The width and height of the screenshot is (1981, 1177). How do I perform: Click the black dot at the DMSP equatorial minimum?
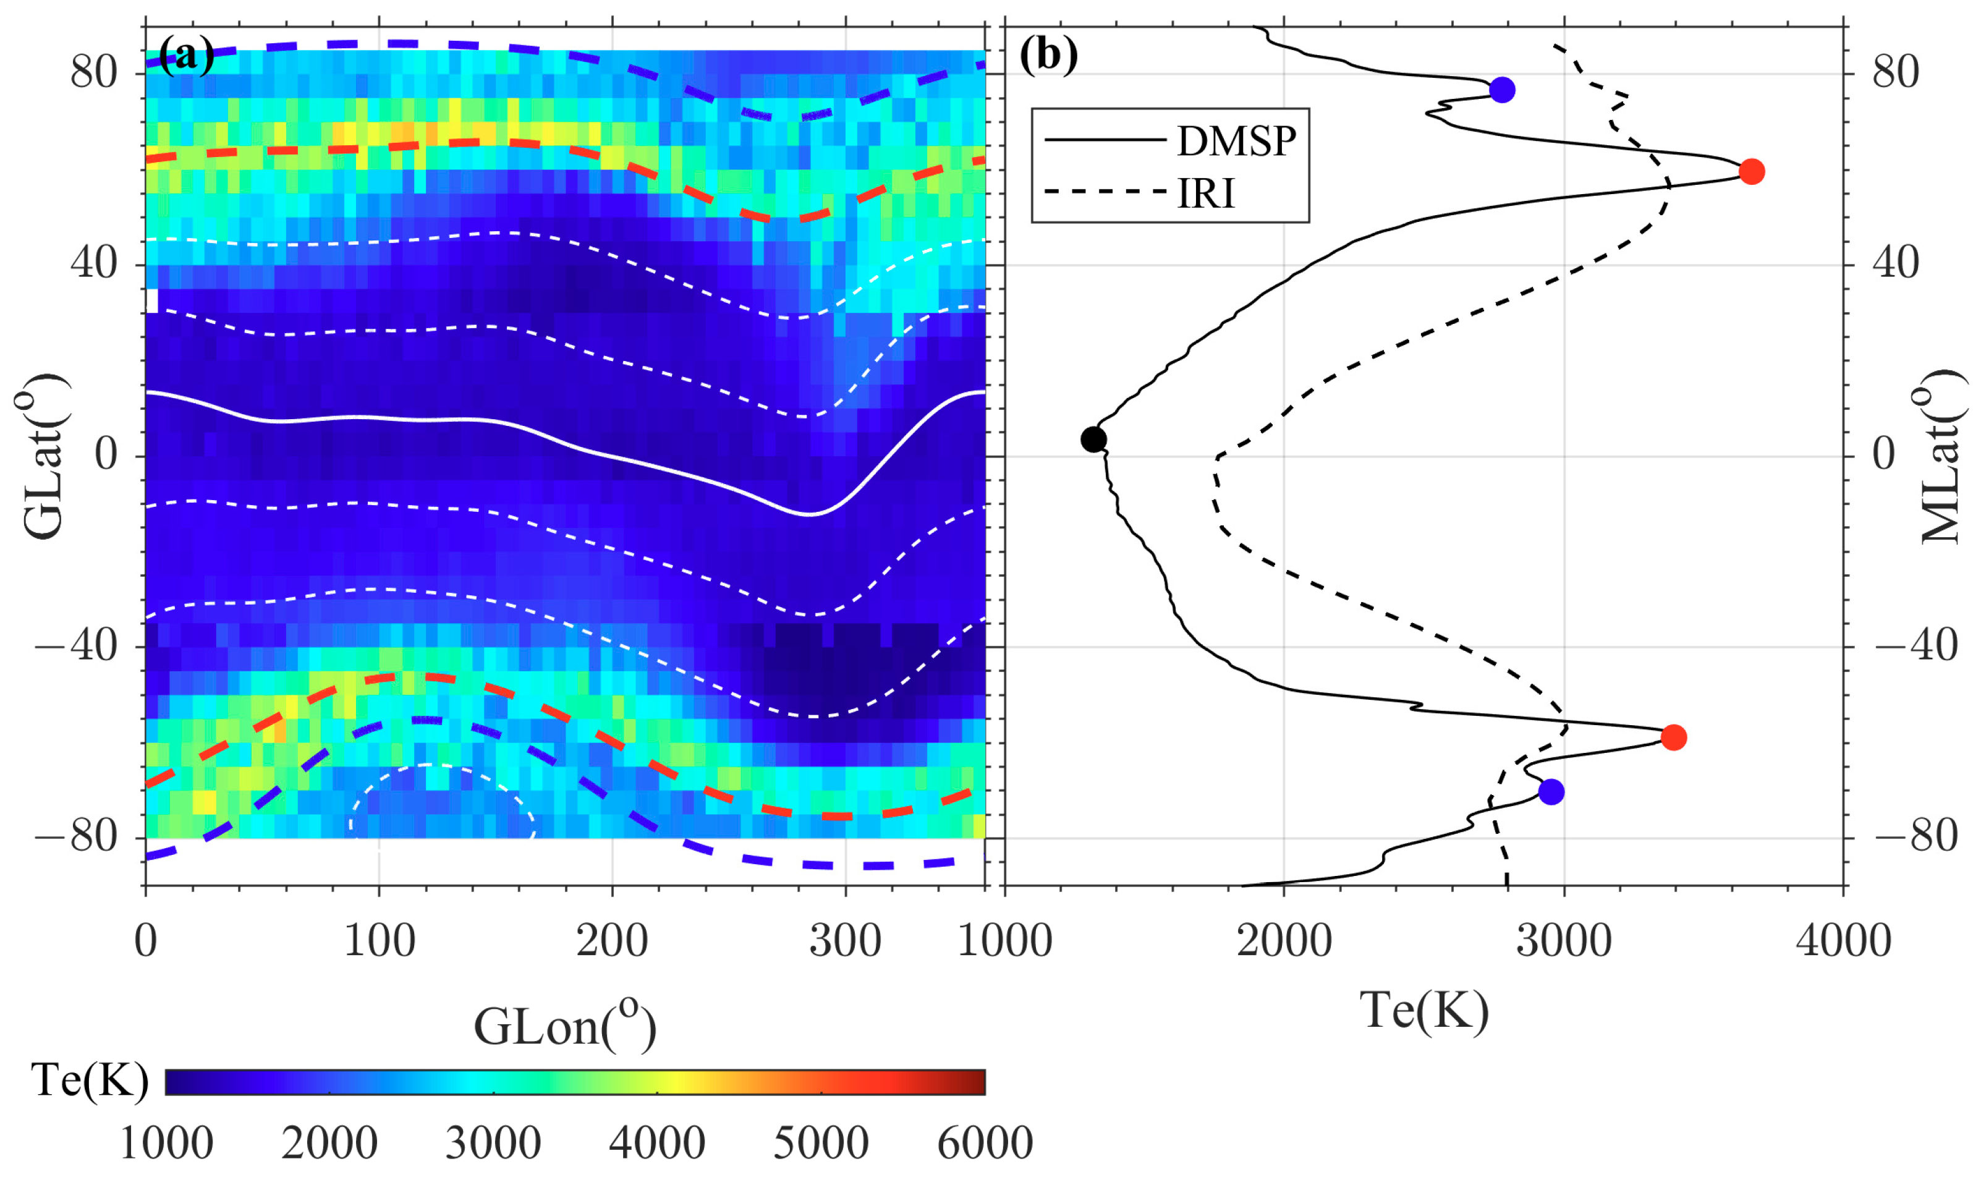click(x=1093, y=439)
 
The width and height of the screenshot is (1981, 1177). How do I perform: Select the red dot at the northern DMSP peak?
click(x=1751, y=171)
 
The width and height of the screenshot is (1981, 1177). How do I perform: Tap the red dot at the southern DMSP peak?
click(x=1673, y=737)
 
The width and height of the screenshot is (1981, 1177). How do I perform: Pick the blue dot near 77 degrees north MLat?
click(x=1502, y=90)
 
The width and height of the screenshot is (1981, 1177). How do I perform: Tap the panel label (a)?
click(x=187, y=55)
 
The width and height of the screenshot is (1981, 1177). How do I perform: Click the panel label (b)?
click(x=1048, y=55)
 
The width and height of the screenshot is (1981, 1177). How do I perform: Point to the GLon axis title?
click(x=565, y=1027)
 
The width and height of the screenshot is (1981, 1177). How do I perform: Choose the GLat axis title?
click(x=41, y=457)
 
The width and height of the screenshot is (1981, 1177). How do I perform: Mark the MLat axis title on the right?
click(x=1941, y=457)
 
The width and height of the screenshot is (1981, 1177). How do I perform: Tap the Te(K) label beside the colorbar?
click(x=89, y=1080)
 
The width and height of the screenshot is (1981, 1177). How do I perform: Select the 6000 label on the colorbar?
click(x=984, y=1143)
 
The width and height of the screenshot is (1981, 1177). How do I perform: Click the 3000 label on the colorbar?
click(x=493, y=1143)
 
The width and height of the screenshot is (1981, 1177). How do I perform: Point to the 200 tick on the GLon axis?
click(x=611, y=941)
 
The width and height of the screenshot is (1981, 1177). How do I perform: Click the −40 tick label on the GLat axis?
click(x=76, y=647)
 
